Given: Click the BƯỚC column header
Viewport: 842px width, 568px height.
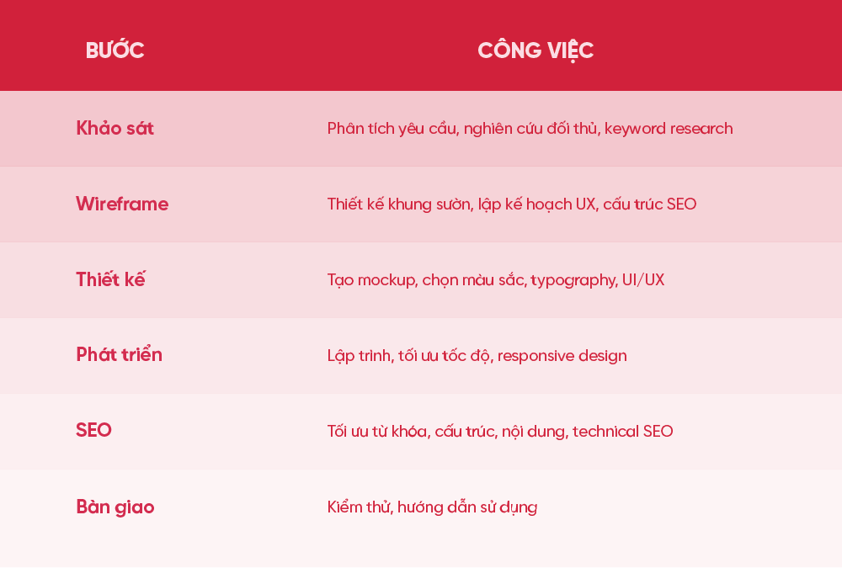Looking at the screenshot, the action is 115,50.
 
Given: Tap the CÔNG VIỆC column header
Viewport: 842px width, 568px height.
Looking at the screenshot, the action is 536,50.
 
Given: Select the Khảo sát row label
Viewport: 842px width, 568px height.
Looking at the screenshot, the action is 115,128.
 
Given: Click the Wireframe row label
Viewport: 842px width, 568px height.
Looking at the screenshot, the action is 122,204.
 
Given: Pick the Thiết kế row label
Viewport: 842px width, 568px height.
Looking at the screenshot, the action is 110,279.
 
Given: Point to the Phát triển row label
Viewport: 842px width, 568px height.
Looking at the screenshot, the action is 120,354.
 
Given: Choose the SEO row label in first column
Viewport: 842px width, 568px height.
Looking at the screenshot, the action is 94,431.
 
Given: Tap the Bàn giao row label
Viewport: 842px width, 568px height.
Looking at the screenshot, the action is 115,507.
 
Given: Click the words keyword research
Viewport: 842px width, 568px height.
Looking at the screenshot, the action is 669,129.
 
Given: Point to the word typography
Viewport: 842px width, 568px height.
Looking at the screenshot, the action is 573,280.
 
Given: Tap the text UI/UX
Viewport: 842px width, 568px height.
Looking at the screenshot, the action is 643,279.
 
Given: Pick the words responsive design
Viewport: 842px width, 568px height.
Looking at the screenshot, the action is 562,356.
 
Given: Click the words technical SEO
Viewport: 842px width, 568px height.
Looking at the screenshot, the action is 623,431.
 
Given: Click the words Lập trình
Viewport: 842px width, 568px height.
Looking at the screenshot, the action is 361,355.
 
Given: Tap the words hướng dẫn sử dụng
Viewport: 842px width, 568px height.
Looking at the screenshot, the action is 467,507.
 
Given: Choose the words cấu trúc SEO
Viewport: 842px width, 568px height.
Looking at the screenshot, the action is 650,204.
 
